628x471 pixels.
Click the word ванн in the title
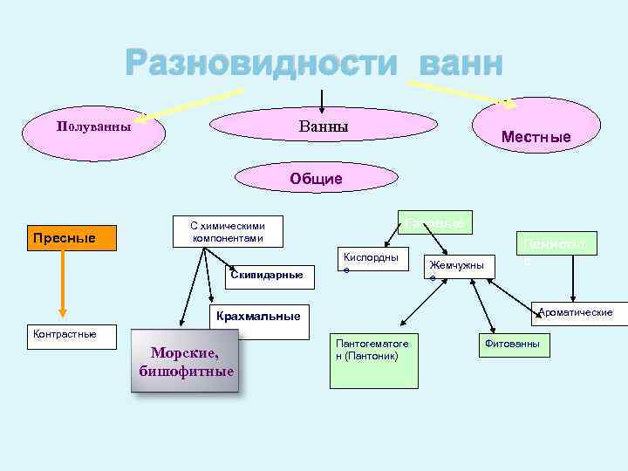coord(460,64)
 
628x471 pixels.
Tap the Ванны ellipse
coord(324,127)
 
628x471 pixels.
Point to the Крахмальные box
coord(260,315)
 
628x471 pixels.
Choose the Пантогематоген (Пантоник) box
coord(371,351)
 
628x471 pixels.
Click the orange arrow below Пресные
coord(63,284)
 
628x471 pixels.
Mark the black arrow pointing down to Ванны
coord(324,98)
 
